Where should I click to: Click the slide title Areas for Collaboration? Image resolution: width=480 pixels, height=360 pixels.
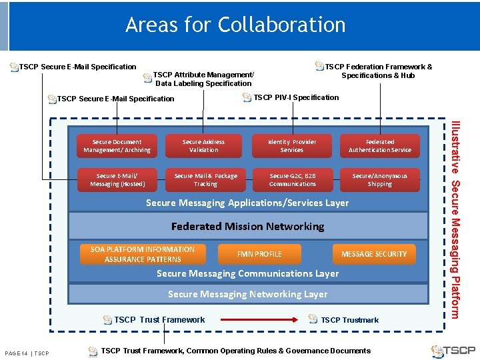point(235,25)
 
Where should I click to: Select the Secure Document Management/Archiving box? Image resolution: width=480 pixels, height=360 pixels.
point(117,146)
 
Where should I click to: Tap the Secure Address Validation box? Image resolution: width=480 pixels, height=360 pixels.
point(203,146)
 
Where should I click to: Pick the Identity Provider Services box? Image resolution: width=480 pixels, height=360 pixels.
point(291,146)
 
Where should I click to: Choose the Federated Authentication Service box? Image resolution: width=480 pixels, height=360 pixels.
point(380,146)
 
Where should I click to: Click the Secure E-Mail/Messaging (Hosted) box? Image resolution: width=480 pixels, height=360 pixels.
point(117,180)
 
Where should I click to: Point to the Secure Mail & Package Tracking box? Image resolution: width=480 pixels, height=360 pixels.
point(205,180)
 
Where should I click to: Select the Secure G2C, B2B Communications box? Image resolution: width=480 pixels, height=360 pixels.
point(292,180)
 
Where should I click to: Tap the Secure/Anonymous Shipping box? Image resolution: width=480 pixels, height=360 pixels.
point(380,180)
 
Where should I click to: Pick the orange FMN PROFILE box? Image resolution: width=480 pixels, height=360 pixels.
point(259,254)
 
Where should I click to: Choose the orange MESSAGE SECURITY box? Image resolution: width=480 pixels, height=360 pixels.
point(373,254)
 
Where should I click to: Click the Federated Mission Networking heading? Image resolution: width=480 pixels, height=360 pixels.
point(247,227)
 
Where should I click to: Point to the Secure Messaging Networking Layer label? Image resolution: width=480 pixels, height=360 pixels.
point(247,294)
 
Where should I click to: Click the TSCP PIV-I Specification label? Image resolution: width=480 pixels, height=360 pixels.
point(296,97)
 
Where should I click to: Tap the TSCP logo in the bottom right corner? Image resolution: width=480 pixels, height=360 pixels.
point(453,351)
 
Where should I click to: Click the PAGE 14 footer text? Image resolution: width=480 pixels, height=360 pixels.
point(27,353)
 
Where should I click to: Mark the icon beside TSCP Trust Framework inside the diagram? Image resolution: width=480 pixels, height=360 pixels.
point(107,320)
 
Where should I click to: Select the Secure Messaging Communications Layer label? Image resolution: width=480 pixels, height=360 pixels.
point(247,273)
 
